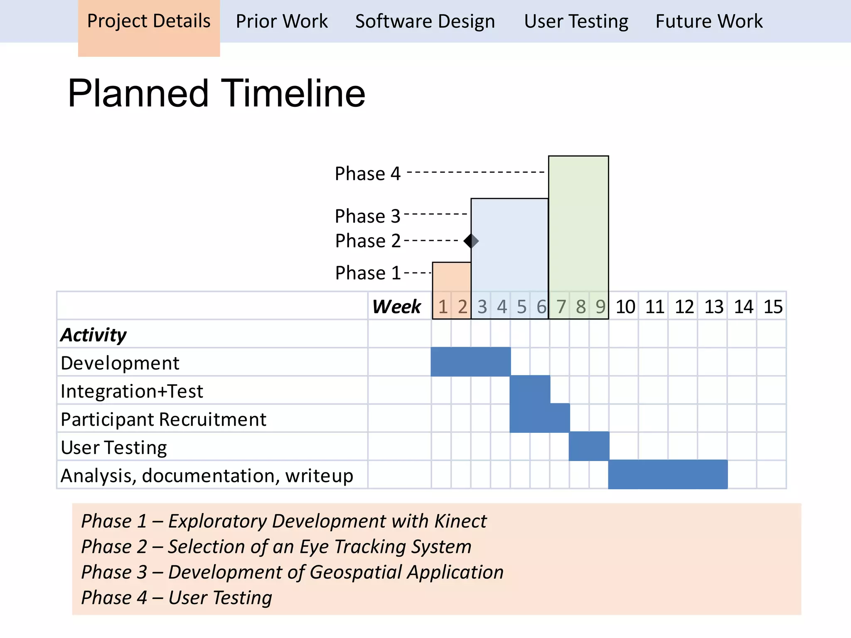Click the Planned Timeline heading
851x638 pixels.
click(x=216, y=93)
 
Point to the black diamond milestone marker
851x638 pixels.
click(x=471, y=241)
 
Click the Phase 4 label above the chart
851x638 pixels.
click(x=367, y=174)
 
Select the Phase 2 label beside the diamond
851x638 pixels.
click(x=367, y=241)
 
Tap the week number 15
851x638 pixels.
click(x=772, y=307)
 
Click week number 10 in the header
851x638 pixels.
click(x=625, y=307)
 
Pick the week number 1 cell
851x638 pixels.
click(x=443, y=307)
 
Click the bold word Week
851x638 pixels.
click(x=396, y=307)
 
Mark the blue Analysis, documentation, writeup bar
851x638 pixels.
click(x=668, y=474)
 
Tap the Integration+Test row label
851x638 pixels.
click(x=132, y=391)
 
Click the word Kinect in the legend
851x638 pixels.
click(x=460, y=521)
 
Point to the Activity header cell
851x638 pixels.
click(x=93, y=335)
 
